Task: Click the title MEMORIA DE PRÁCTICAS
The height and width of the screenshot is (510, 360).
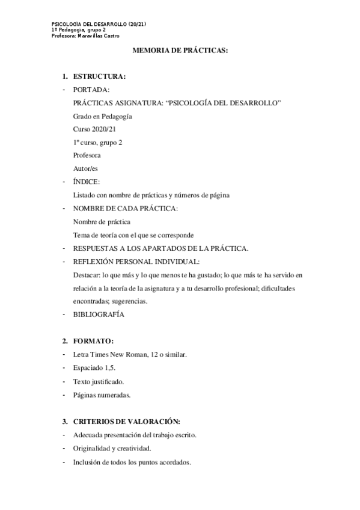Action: (x=180, y=52)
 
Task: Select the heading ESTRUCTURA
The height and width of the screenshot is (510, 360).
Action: (x=99, y=77)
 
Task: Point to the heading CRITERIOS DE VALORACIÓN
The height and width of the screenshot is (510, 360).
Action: (x=126, y=421)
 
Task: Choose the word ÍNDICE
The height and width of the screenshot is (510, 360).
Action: (x=86, y=182)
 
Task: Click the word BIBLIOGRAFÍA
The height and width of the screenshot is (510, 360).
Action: (x=99, y=314)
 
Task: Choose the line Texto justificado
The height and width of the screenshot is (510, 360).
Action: (x=100, y=381)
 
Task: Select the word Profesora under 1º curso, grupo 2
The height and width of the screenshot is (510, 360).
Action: (x=87, y=156)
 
